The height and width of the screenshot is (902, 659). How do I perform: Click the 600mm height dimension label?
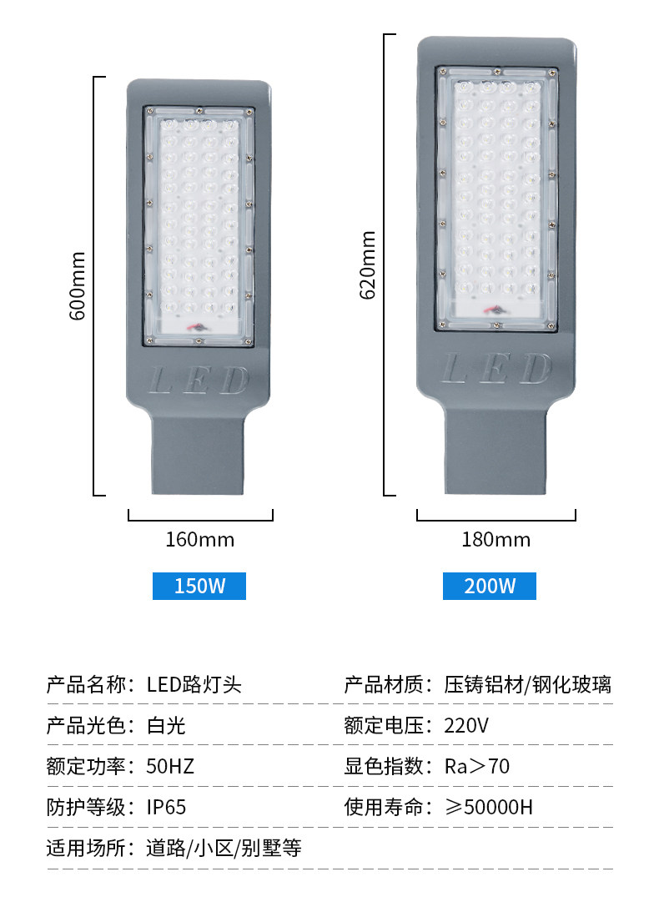(77, 287)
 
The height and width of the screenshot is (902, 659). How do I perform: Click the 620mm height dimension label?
(367, 265)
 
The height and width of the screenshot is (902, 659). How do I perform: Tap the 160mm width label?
(200, 540)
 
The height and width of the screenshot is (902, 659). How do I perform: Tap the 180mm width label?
(496, 540)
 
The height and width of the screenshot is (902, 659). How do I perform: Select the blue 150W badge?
(199, 586)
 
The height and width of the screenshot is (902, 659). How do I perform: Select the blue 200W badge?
(490, 586)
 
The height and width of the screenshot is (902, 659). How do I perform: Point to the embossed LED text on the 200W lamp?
(496, 368)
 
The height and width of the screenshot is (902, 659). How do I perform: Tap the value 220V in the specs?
(466, 726)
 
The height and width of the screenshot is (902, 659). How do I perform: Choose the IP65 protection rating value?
(166, 808)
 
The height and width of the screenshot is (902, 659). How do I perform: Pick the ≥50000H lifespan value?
(488, 808)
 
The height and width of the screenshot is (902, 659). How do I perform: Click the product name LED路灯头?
(194, 686)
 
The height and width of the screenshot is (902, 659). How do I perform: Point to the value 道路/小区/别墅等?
(224, 849)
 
